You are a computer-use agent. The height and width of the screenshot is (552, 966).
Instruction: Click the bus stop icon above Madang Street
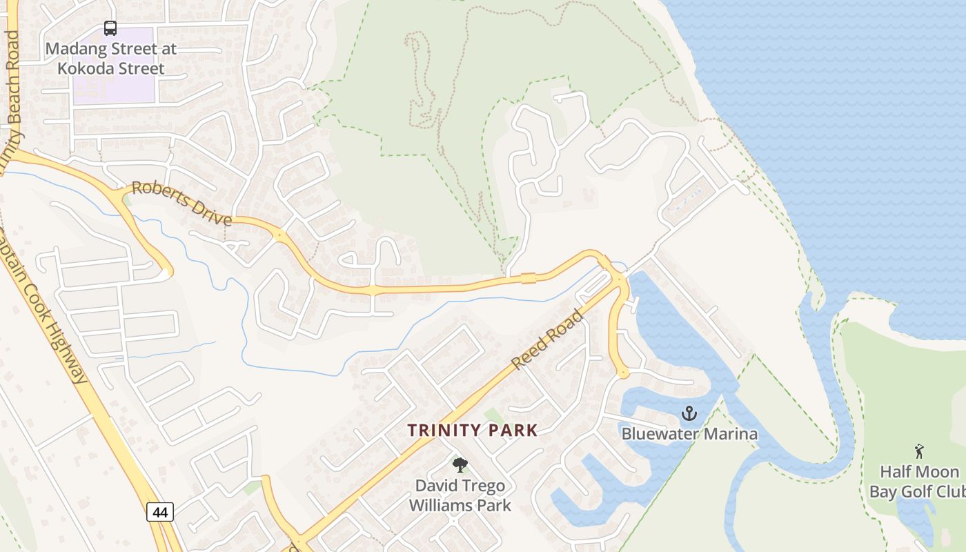point(110,28)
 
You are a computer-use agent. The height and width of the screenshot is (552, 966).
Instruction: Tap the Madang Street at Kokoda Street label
point(111,59)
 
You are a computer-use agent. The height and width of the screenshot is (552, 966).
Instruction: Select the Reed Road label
point(548,339)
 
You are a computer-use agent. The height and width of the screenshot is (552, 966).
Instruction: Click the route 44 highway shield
point(159,512)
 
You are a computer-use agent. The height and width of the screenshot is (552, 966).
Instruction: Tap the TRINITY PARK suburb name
point(472,431)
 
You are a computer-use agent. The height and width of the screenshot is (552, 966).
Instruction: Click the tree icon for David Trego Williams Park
point(460,465)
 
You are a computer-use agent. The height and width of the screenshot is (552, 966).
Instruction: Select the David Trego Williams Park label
point(460,495)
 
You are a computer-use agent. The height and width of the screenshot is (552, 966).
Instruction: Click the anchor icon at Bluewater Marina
point(689,414)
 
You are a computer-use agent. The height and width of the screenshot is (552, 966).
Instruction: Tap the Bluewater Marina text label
point(689,434)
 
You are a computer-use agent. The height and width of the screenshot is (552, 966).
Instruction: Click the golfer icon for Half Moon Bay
point(918,452)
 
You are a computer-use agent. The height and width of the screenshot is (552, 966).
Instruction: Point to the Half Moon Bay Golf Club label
point(918,482)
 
